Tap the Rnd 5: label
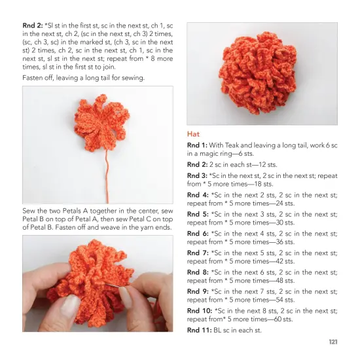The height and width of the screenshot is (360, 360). point(198,214)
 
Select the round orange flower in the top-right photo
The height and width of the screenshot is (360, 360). point(262,72)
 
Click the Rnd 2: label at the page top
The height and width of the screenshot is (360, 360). point(33,25)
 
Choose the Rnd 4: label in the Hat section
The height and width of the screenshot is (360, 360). point(198,195)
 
